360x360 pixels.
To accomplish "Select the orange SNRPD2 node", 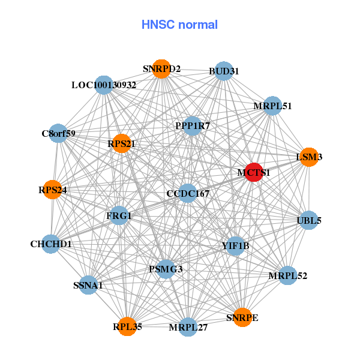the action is [161, 69].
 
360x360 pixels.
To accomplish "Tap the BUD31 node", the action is [223, 71].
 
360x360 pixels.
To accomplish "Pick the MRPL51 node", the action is [272, 106].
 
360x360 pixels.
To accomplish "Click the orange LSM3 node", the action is [308, 157].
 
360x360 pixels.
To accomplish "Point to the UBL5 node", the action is [308, 220].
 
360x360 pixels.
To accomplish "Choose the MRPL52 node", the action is [287, 275].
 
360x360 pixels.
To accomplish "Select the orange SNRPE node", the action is [242, 317].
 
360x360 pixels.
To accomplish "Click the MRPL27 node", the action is [188, 327].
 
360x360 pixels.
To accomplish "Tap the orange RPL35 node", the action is [127, 326].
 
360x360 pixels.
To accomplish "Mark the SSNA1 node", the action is [89, 285].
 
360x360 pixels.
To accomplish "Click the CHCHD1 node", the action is [52, 244].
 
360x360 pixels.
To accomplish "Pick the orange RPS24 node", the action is [53, 190].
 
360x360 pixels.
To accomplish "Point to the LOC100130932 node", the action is [104, 85].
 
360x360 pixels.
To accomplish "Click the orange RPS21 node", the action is [121, 143].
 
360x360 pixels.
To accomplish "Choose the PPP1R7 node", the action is [192, 126].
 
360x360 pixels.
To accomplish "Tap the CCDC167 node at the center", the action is [188, 193].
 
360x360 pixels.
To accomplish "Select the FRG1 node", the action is [119, 215].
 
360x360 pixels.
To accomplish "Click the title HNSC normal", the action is [179, 25].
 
